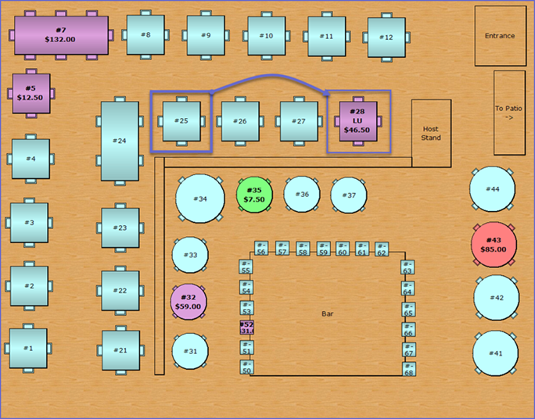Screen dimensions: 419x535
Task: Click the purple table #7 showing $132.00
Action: pos(60,35)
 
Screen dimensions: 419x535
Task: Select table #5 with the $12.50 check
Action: pos(31,93)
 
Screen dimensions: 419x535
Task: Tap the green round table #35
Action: pos(253,195)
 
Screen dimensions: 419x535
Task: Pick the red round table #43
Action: pos(493,244)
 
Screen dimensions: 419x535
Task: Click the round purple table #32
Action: pos(189,302)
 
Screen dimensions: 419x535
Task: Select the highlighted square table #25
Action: pos(181,121)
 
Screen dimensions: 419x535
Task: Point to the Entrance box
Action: pos(500,36)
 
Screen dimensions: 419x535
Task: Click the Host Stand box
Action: pos(431,133)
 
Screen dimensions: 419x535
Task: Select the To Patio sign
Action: pos(508,113)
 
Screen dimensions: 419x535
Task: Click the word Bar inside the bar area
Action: pos(328,314)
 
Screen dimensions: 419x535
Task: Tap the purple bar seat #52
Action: pos(247,327)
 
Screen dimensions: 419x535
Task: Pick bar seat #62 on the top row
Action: pos(382,249)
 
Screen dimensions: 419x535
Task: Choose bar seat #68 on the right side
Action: pos(408,370)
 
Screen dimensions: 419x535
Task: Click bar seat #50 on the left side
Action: pos(246,367)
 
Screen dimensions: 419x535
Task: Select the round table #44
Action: pos(492,189)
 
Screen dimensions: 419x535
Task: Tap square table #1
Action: pos(28,348)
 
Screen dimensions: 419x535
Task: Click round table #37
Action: pos(349,195)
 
